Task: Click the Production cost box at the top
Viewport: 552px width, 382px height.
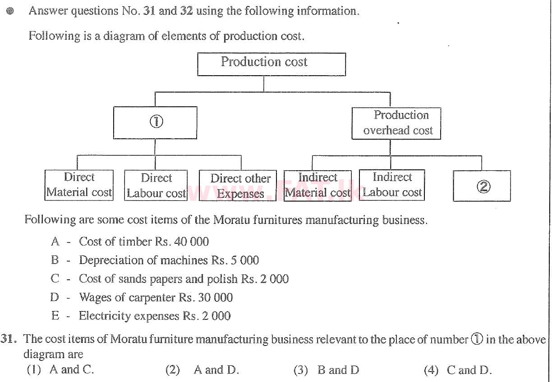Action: click(x=271, y=64)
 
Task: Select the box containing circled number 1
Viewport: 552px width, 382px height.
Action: click(x=155, y=122)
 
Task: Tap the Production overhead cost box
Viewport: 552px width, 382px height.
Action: click(x=396, y=123)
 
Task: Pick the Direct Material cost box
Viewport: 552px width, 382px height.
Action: click(x=79, y=185)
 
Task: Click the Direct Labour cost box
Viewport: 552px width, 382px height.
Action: click(x=156, y=186)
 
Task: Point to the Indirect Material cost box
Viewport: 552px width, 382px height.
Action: click(x=317, y=185)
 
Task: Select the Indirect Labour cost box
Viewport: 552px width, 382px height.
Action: click(x=391, y=185)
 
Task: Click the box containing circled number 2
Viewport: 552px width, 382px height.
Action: click(x=482, y=186)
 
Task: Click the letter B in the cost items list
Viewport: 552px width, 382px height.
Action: click(x=55, y=260)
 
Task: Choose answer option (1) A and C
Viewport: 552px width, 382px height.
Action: click(x=60, y=370)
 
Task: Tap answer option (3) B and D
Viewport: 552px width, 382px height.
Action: click(x=326, y=370)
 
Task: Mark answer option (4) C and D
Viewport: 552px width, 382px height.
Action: click(x=457, y=370)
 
